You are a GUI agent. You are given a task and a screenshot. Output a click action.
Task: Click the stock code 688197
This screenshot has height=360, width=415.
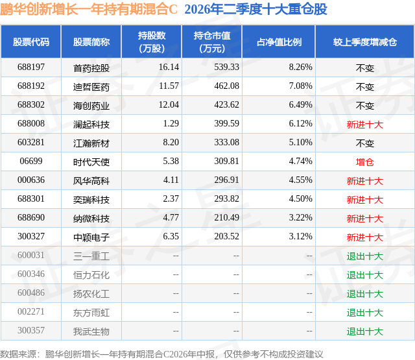coord(31,67)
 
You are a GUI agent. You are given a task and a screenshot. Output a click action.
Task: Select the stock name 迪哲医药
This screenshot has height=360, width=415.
coord(91,87)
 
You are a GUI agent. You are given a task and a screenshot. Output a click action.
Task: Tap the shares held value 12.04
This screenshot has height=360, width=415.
coord(169,104)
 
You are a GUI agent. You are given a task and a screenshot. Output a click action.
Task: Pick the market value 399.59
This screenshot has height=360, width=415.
coord(226,123)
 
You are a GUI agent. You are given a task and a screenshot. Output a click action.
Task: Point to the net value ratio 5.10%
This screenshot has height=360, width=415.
coord(300,142)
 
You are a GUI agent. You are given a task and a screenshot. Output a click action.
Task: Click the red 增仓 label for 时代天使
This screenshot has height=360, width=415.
coord(364,162)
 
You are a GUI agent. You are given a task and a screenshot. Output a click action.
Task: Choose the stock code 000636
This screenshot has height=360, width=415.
coord(31,180)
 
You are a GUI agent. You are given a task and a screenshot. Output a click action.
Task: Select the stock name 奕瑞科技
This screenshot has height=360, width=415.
coord(91,200)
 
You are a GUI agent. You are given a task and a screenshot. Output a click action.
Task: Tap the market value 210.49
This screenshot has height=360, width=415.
coord(226,217)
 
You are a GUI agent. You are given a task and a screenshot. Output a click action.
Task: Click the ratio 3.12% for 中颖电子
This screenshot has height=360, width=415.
coord(300,236)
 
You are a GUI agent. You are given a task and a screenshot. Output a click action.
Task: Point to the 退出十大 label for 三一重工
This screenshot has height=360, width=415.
coord(364,256)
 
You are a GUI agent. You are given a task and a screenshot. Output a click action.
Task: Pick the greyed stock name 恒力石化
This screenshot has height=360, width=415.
coord(91,275)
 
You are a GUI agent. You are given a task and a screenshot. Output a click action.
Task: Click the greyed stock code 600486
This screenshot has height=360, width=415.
coord(31,293)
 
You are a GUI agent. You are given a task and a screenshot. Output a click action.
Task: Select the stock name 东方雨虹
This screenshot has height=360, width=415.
coord(91,313)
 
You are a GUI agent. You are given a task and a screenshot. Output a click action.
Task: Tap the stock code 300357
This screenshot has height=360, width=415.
coord(31,330)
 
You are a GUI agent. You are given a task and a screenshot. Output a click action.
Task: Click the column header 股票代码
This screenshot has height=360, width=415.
coord(31,42)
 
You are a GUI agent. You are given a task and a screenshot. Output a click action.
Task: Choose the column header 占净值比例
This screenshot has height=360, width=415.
coord(279,42)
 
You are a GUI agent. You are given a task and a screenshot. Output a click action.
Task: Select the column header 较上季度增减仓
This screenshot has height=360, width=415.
coord(364,42)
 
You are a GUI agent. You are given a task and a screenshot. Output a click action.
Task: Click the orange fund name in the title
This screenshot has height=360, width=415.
coord(89,9)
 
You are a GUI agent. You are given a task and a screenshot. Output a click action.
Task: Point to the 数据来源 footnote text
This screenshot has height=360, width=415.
coord(161,354)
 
